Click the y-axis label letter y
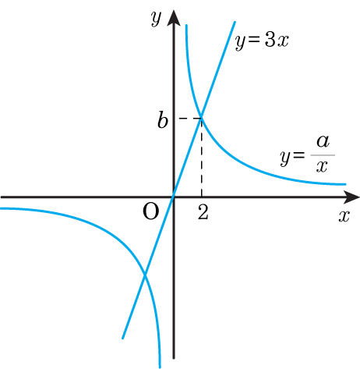(156, 19)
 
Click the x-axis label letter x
(344, 216)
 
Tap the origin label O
(151, 211)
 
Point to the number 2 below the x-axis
(203, 211)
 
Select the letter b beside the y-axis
(163, 120)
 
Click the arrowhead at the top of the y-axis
(174, 18)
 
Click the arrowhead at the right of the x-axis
(351, 197)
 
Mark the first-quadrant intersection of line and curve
(202, 118)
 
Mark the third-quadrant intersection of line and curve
(145, 274)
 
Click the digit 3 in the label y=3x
(270, 41)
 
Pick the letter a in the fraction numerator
(323, 142)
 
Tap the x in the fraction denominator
(322, 166)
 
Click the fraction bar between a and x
(323, 155)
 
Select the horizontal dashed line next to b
(189, 119)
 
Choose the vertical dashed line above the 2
(201, 158)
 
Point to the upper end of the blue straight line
(235, 22)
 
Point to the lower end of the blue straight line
(122, 338)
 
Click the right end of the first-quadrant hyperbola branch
(345, 184)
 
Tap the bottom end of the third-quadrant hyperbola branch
(160, 367)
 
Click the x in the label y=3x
(283, 41)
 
